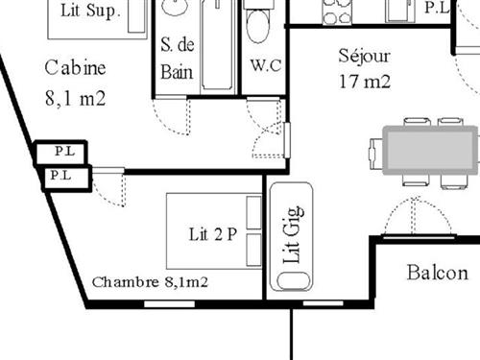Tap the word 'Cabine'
[75, 69]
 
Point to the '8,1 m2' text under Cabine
[75, 97]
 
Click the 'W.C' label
[264, 65]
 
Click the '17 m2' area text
[365, 81]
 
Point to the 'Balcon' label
[438, 272]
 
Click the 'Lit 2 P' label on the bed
[212, 232]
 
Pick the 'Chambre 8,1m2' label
[151, 282]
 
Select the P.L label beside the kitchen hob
[435, 8]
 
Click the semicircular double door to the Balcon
[416, 219]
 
